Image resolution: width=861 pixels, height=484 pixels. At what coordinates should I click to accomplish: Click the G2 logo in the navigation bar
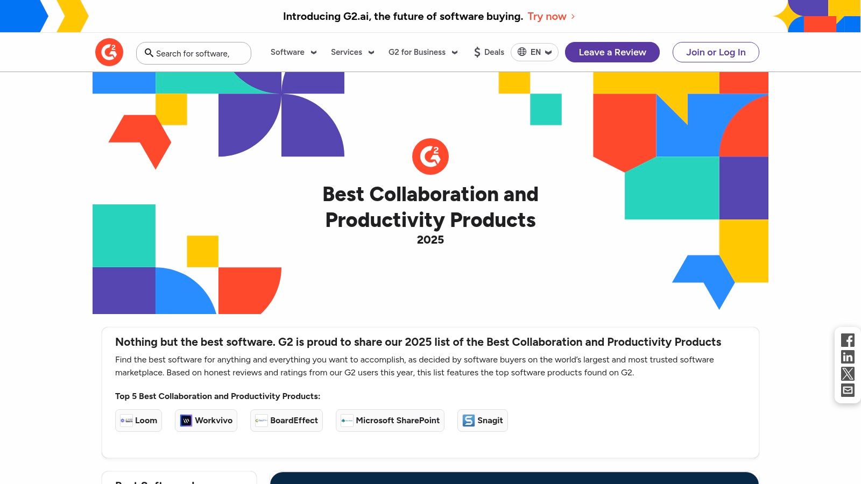[109, 52]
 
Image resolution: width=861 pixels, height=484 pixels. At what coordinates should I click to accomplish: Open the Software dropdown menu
[293, 52]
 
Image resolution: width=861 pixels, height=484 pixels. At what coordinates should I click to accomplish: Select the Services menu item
[352, 52]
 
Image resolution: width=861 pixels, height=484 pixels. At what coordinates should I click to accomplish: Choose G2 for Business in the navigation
[423, 52]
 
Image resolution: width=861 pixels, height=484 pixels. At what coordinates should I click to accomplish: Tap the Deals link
[489, 52]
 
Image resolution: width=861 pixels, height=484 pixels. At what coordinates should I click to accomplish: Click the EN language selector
[534, 52]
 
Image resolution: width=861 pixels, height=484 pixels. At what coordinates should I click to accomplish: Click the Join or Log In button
[716, 52]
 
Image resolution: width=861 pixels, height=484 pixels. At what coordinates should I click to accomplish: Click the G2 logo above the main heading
[430, 156]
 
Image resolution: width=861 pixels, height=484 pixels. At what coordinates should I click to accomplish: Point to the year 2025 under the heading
[430, 240]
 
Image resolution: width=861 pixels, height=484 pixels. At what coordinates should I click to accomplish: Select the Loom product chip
[139, 421]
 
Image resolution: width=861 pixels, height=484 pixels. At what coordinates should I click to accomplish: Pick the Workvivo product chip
[206, 421]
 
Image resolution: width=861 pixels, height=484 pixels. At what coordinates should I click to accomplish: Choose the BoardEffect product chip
[286, 421]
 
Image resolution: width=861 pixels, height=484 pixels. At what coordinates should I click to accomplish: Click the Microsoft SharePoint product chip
[390, 421]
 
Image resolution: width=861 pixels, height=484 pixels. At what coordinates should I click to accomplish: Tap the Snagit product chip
[483, 421]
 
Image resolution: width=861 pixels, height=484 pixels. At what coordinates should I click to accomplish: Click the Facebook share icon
[848, 340]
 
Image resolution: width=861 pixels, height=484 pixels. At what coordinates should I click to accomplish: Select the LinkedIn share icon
[848, 357]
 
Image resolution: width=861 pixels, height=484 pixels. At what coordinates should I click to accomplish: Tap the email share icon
[848, 390]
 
